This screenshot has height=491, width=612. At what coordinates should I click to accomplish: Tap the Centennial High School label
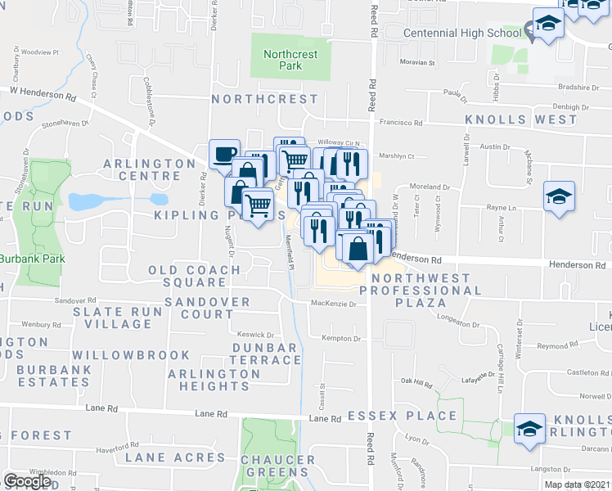[x=463, y=34]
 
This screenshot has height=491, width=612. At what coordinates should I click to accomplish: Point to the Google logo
[x=26, y=481]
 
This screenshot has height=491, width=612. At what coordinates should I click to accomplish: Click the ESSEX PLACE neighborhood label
[x=402, y=416]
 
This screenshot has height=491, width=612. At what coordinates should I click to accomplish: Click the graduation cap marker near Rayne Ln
[x=559, y=196]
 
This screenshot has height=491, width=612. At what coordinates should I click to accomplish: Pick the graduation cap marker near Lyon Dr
[x=529, y=427]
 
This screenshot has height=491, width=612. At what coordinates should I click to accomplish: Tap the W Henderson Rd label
[x=43, y=93]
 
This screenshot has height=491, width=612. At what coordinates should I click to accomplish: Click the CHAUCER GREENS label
[x=277, y=466]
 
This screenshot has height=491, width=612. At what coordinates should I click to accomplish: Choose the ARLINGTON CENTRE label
[x=143, y=169]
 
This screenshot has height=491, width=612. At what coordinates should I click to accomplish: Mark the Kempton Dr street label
[x=341, y=338]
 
